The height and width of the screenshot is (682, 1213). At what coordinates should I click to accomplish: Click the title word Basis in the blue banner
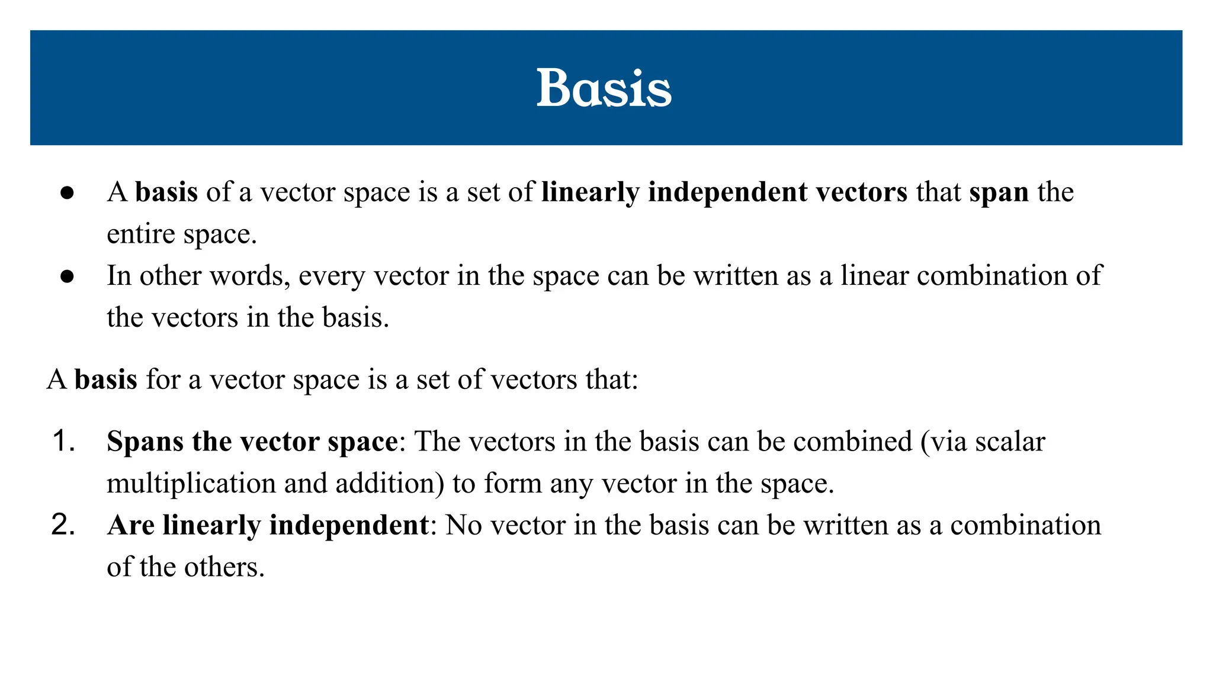[x=604, y=88]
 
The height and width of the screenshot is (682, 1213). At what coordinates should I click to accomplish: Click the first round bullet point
[x=67, y=193]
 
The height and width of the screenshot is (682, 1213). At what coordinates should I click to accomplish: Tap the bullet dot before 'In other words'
[x=67, y=276]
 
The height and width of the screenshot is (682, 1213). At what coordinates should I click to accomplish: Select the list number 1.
[x=63, y=442]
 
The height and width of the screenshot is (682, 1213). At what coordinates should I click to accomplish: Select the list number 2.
[x=63, y=525]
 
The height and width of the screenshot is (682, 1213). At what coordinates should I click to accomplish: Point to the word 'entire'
[x=140, y=234]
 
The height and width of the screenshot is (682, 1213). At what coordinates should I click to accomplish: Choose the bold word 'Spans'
[x=145, y=442]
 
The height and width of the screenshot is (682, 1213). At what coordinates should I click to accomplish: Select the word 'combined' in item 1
[x=853, y=442]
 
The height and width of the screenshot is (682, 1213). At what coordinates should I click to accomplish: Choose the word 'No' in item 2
[x=463, y=526]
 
